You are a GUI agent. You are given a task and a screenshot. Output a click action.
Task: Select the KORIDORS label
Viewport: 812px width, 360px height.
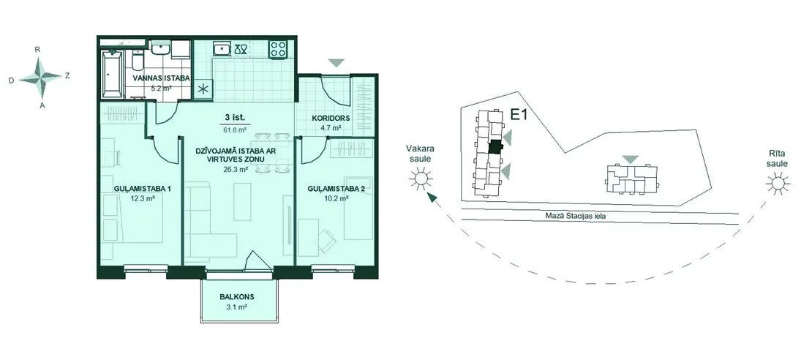[331, 118]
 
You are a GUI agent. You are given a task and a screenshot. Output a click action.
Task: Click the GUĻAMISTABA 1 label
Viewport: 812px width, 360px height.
[143, 189]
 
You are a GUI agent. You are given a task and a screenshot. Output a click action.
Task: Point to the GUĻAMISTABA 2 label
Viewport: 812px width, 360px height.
[336, 189]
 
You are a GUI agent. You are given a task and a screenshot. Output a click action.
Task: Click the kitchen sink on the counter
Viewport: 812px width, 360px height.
[222, 49]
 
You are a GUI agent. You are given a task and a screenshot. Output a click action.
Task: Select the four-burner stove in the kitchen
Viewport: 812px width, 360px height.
[277, 49]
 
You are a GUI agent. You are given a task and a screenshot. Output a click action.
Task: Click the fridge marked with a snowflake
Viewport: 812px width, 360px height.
[203, 88]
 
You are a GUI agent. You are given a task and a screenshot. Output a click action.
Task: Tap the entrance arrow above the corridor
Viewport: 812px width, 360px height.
[337, 63]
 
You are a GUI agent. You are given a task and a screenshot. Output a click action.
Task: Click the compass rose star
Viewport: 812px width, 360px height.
[40, 78]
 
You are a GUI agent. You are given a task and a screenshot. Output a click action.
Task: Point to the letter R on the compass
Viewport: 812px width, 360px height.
[37, 50]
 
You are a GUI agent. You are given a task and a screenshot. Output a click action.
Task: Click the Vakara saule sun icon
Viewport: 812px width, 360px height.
[421, 179]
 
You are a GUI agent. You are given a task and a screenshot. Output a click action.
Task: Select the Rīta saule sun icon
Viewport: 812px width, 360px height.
[777, 184]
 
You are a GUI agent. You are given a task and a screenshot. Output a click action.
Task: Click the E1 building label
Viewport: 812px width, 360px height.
[519, 115]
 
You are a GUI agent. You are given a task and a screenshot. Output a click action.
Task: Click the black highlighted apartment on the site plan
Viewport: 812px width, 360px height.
[495, 146]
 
